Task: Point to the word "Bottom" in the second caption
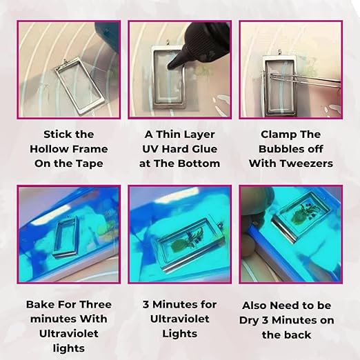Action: point(200,163)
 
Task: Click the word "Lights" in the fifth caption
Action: point(180,334)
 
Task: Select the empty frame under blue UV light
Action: point(69,234)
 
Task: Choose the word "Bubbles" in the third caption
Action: point(290,148)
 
